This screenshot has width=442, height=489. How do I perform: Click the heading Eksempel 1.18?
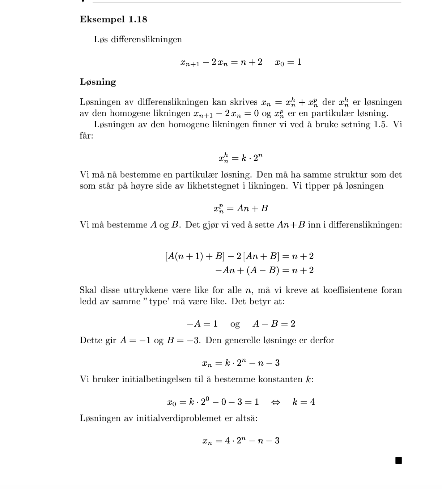point(113,20)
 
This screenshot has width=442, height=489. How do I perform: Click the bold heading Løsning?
point(98,82)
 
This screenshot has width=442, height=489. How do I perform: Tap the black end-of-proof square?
point(398,460)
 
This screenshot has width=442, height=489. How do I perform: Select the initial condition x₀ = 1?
point(288,62)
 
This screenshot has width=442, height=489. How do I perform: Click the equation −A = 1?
point(202,324)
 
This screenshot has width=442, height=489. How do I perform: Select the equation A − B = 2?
point(273,324)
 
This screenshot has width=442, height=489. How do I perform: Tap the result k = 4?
point(303,402)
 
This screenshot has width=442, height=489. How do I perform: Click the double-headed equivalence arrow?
point(276,402)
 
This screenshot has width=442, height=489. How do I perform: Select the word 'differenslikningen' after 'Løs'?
point(146,40)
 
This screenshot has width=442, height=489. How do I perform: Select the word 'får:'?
point(86,136)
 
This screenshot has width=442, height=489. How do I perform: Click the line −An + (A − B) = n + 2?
point(264,271)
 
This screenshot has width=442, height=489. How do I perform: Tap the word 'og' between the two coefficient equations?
point(235,324)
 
